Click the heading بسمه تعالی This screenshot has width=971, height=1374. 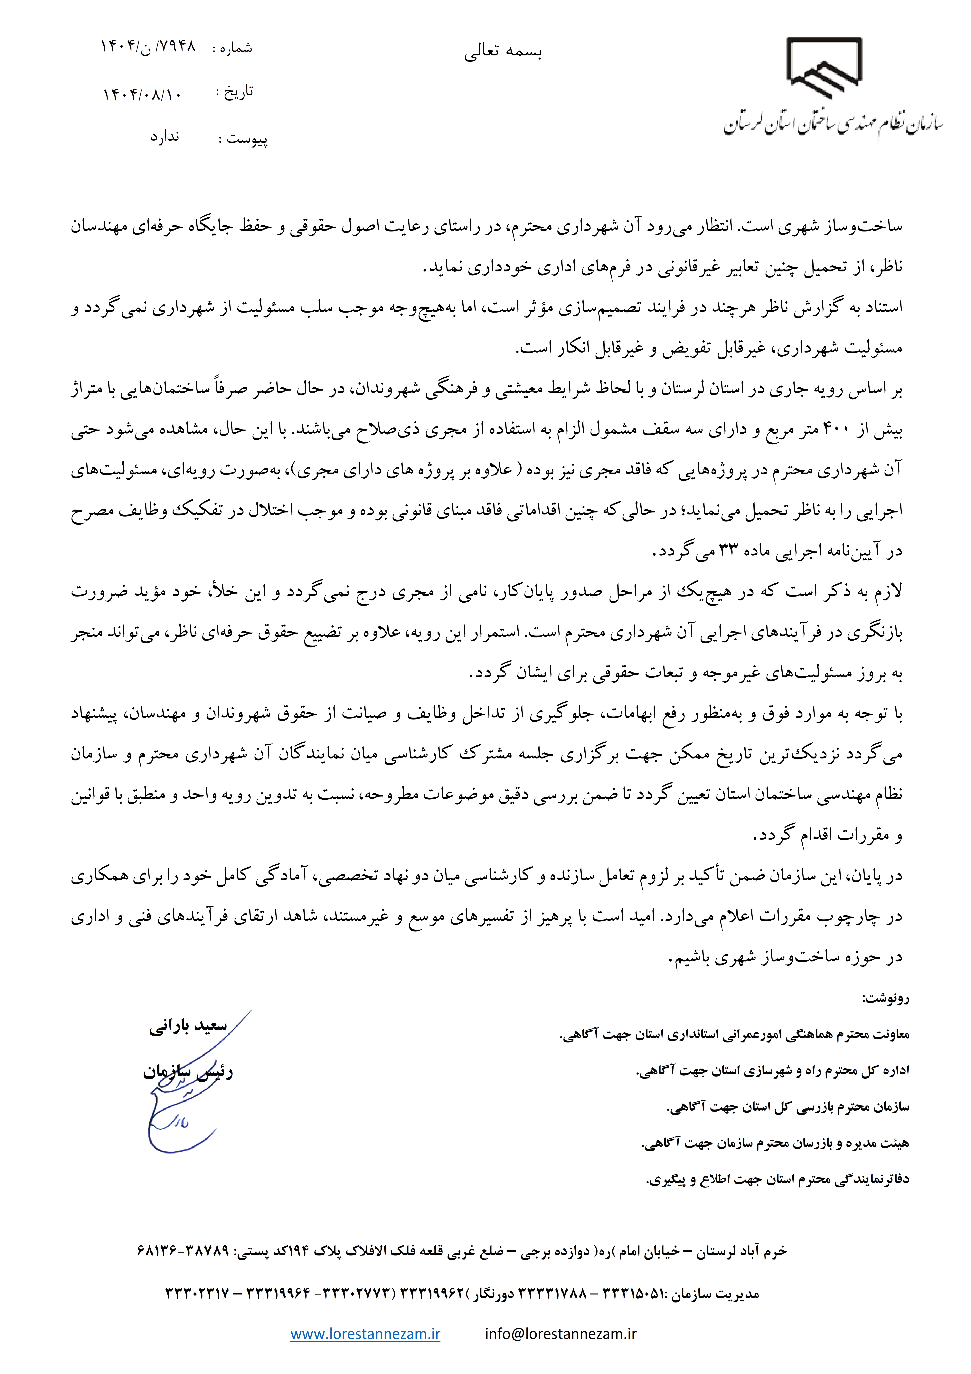click(x=503, y=52)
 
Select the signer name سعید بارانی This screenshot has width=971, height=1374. click(x=188, y=1026)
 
